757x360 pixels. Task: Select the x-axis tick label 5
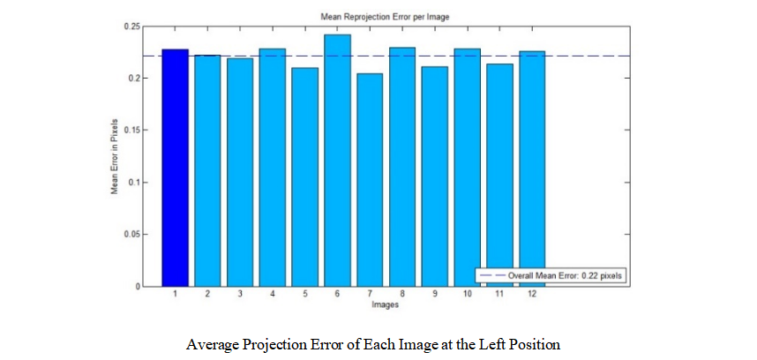pos(305,294)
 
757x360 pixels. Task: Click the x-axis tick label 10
pos(468,294)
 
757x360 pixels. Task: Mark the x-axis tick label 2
pos(207,294)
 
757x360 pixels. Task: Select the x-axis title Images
pos(371,304)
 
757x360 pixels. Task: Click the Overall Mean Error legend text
pos(566,275)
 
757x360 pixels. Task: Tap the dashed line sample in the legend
pos(491,275)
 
